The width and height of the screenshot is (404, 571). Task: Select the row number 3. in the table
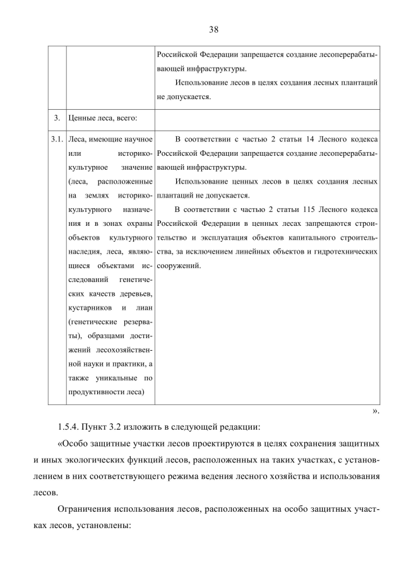click(x=57, y=118)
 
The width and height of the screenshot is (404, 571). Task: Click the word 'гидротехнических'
click(x=348, y=252)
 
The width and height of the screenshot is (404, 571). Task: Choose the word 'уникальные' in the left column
click(x=114, y=379)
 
